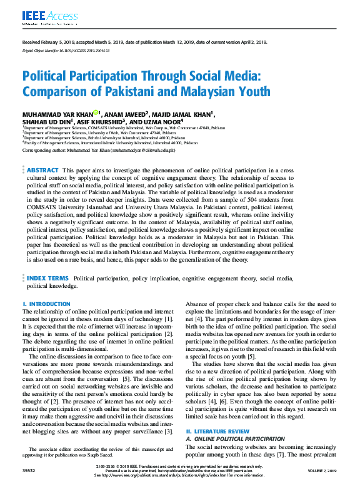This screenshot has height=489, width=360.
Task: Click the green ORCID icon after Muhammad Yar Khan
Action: point(96,112)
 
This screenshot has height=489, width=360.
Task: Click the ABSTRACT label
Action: point(42,170)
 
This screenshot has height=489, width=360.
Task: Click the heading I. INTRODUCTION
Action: point(46,304)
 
